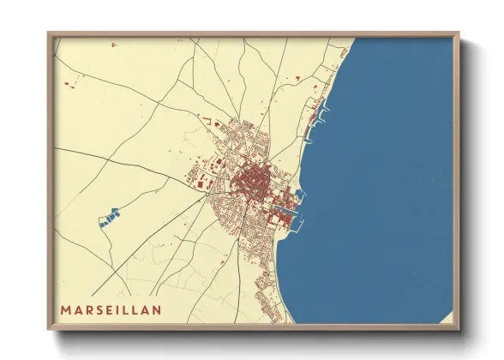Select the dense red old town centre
(x=253, y=180)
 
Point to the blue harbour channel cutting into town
(x=285, y=208)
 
